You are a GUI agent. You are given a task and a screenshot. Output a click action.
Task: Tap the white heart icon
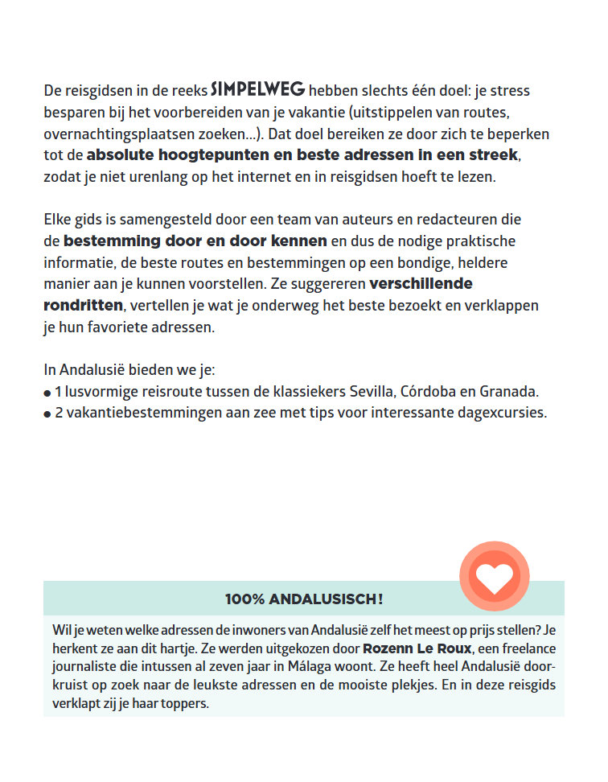[494, 577]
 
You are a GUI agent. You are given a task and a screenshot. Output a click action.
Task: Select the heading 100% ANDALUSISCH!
[304, 599]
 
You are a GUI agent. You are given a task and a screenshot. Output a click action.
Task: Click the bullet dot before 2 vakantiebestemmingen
[47, 415]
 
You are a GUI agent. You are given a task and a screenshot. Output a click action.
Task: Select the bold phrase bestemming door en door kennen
[195, 241]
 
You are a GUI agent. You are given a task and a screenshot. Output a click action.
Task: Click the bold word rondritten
[83, 306]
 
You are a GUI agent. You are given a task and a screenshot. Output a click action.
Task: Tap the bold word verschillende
[421, 284]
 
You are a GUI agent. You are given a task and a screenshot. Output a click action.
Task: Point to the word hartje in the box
[191, 648]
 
